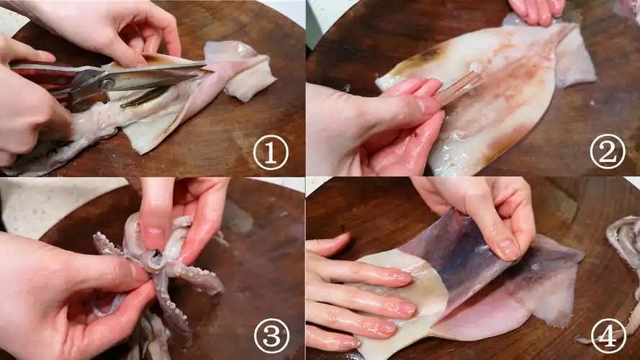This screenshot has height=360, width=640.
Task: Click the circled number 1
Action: click(x=271, y=153)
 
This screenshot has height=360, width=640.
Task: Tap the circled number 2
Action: click(x=608, y=152)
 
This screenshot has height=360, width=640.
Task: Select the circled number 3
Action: click(x=271, y=336)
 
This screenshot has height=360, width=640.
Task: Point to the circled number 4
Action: click(x=608, y=336)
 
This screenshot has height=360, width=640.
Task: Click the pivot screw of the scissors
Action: click(x=107, y=84)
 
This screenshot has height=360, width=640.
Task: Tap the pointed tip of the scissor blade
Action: click(x=205, y=63)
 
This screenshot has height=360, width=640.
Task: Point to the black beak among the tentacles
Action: click(x=156, y=255)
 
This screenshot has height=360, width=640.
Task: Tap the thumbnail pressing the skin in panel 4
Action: click(x=506, y=249)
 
